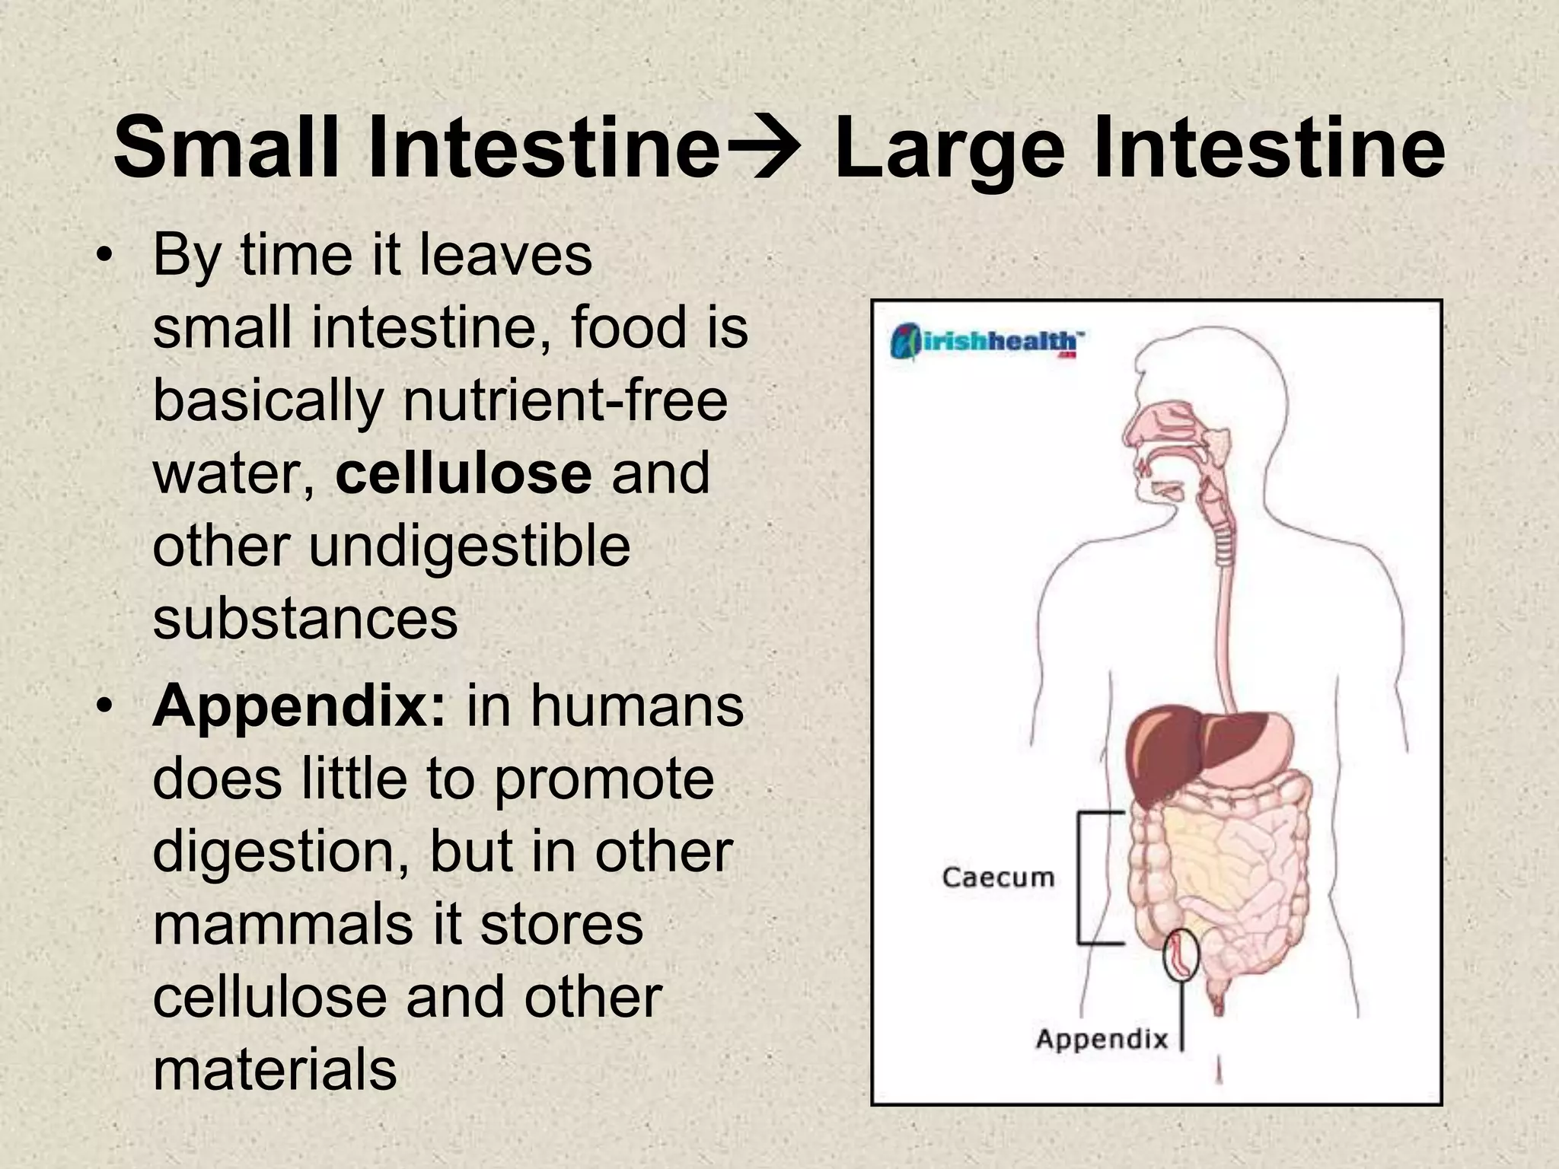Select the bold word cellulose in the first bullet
pyautogui.click(x=464, y=473)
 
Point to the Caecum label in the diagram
pyautogui.click(x=998, y=877)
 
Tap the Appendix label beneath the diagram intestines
pyautogui.click(x=1102, y=1038)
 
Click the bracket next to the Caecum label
pyautogui.click(x=1089, y=878)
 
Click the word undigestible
pyautogui.click(x=469, y=546)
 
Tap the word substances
pyautogui.click(x=305, y=618)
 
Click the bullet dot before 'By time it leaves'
pyautogui.click(x=104, y=256)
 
